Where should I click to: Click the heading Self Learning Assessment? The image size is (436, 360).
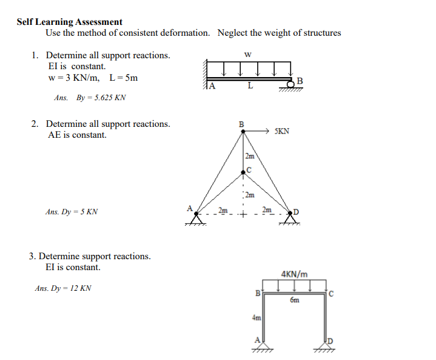pos(69,22)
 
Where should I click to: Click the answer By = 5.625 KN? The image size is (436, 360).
pos(90,97)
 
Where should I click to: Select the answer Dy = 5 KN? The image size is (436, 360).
pos(72,212)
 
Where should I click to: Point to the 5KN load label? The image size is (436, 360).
pos(281,131)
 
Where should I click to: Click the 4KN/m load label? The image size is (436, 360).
pos(295,274)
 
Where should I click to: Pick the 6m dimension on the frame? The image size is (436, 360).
pos(294,300)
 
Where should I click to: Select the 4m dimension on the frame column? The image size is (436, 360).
pos(256,318)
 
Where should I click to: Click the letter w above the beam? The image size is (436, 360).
pos(247,54)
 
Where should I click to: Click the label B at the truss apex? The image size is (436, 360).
pos(241,124)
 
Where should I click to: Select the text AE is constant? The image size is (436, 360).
pos(77,135)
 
